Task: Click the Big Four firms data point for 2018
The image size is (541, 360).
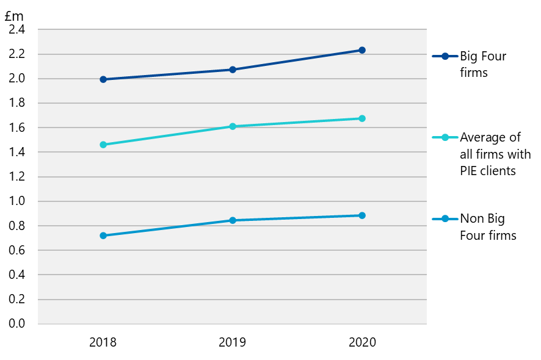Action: click(103, 79)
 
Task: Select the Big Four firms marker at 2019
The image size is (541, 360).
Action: click(233, 70)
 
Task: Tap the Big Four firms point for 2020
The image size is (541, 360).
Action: click(362, 50)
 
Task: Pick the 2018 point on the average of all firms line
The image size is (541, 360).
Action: click(103, 145)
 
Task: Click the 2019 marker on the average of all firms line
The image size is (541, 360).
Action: click(233, 126)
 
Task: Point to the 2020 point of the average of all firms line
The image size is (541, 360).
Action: click(362, 118)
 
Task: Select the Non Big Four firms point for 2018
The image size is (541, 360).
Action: click(103, 236)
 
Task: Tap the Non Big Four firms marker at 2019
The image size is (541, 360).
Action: click(233, 220)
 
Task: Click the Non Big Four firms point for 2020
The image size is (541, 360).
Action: click(362, 215)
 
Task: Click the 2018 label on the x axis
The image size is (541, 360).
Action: click(103, 342)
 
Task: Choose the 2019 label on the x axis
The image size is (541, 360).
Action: click(233, 342)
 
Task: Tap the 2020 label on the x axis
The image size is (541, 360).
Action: click(362, 342)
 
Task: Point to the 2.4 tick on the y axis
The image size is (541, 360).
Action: click(18, 29)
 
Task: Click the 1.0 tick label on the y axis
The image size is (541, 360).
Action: click(18, 201)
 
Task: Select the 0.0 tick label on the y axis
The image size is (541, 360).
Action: click(18, 323)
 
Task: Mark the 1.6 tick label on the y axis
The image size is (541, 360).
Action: click(18, 128)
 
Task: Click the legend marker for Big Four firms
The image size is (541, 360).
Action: click(445, 56)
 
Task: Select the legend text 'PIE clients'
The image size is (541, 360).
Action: click(488, 171)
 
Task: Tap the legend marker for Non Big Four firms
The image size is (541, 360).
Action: click(445, 219)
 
